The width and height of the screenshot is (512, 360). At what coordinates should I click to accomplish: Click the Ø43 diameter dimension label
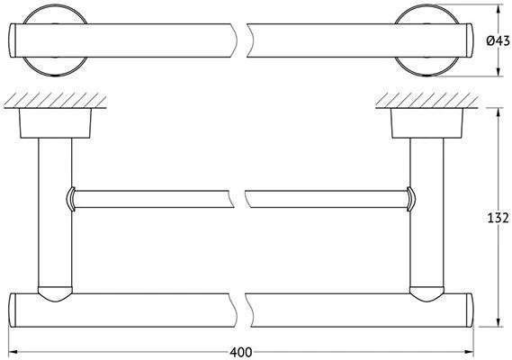click(498, 40)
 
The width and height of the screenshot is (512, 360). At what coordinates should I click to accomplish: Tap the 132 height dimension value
click(498, 218)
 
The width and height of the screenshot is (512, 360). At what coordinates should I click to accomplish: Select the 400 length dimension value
click(241, 352)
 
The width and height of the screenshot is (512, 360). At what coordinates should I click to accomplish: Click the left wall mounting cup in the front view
click(55, 123)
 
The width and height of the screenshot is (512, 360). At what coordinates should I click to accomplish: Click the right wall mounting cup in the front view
click(427, 123)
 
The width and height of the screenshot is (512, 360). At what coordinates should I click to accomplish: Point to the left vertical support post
click(55, 212)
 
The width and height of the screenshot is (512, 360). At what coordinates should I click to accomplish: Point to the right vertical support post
click(427, 212)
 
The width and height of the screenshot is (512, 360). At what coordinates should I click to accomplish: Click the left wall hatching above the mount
click(55, 100)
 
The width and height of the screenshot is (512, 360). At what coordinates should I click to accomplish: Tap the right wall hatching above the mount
click(427, 100)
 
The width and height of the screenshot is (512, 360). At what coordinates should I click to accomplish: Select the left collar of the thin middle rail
click(70, 199)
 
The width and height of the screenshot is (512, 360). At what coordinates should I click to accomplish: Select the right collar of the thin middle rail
click(411, 199)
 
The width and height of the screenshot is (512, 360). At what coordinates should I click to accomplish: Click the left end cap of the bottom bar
click(12, 310)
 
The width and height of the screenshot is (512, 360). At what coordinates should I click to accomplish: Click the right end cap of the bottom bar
click(469, 310)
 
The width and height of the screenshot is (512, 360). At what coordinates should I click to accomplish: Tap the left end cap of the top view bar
click(12, 40)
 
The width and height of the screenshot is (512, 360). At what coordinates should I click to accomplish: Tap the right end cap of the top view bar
click(469, 40)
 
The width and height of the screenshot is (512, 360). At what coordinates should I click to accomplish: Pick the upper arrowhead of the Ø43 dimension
click(498, 9)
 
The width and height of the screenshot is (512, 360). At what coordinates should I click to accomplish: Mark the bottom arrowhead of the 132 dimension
click(498, 322)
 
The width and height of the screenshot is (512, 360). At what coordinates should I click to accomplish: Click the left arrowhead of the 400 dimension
click(13, 352)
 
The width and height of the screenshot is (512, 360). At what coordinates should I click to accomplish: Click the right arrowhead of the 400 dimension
click(469, 352)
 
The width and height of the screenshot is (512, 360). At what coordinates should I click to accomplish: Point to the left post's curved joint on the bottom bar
click(55, 294)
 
